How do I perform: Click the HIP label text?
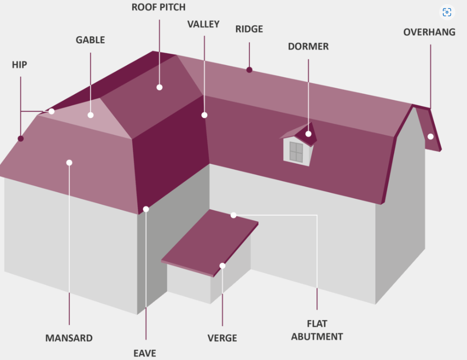click(x=20, y=65)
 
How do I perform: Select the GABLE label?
click(x=90, y=40)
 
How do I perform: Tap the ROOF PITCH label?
click(x=158, y=7)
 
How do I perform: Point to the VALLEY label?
click(x=203, y=24)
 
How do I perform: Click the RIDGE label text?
click(x=249, y=29)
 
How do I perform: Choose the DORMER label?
click(x=308, y=47)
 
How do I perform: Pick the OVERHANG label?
click(x=429, y=32)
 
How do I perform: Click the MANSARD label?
click(x=69, y=338)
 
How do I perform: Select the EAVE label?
click(x=145, y=353)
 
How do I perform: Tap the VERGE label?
click(x=222, y=338)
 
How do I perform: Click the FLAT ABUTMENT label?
click(x=317, y=330)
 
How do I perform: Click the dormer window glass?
click(x=296, y=152)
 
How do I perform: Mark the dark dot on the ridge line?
click(x=249, y=70)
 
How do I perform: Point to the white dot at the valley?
click(x=204, y=115)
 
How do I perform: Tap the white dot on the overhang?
click(x=430, y=136)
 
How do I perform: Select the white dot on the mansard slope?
click(x=69, y=163)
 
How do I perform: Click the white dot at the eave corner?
click(x=146, y=209)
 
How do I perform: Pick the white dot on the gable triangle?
click(x=91, y=115)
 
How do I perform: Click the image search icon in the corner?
click(x=447, y=13)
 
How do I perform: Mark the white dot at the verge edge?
click(x=222, y=266)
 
